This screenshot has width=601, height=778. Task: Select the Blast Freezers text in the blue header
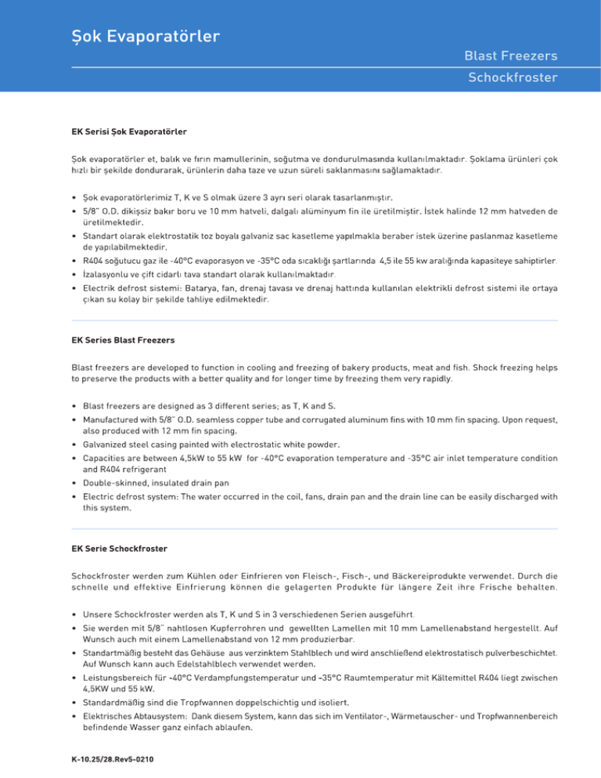(x=510, y=56)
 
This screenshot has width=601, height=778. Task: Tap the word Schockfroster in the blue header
(x=512, y=77)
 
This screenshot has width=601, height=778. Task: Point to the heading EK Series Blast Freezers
(x=122, y=342)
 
